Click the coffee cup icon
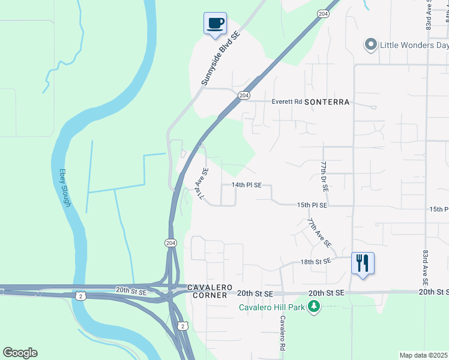point(215,24)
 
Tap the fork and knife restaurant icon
point(363,263)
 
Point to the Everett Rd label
point(286,102)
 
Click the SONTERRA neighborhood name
point(327,102)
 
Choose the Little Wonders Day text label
point(414,45)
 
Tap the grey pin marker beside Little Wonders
point(370,44)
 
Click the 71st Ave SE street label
point(202,184)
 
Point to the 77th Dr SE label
point(324,176)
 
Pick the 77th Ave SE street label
point(319,233)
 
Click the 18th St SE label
point(316,262)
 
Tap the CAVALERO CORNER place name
point(208,291)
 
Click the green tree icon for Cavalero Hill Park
point(313,307)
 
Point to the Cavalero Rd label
point(281,334)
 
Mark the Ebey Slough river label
point(64,187)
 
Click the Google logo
point(20,353)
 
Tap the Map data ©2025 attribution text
point(424,355)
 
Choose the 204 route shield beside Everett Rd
point(244,95)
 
